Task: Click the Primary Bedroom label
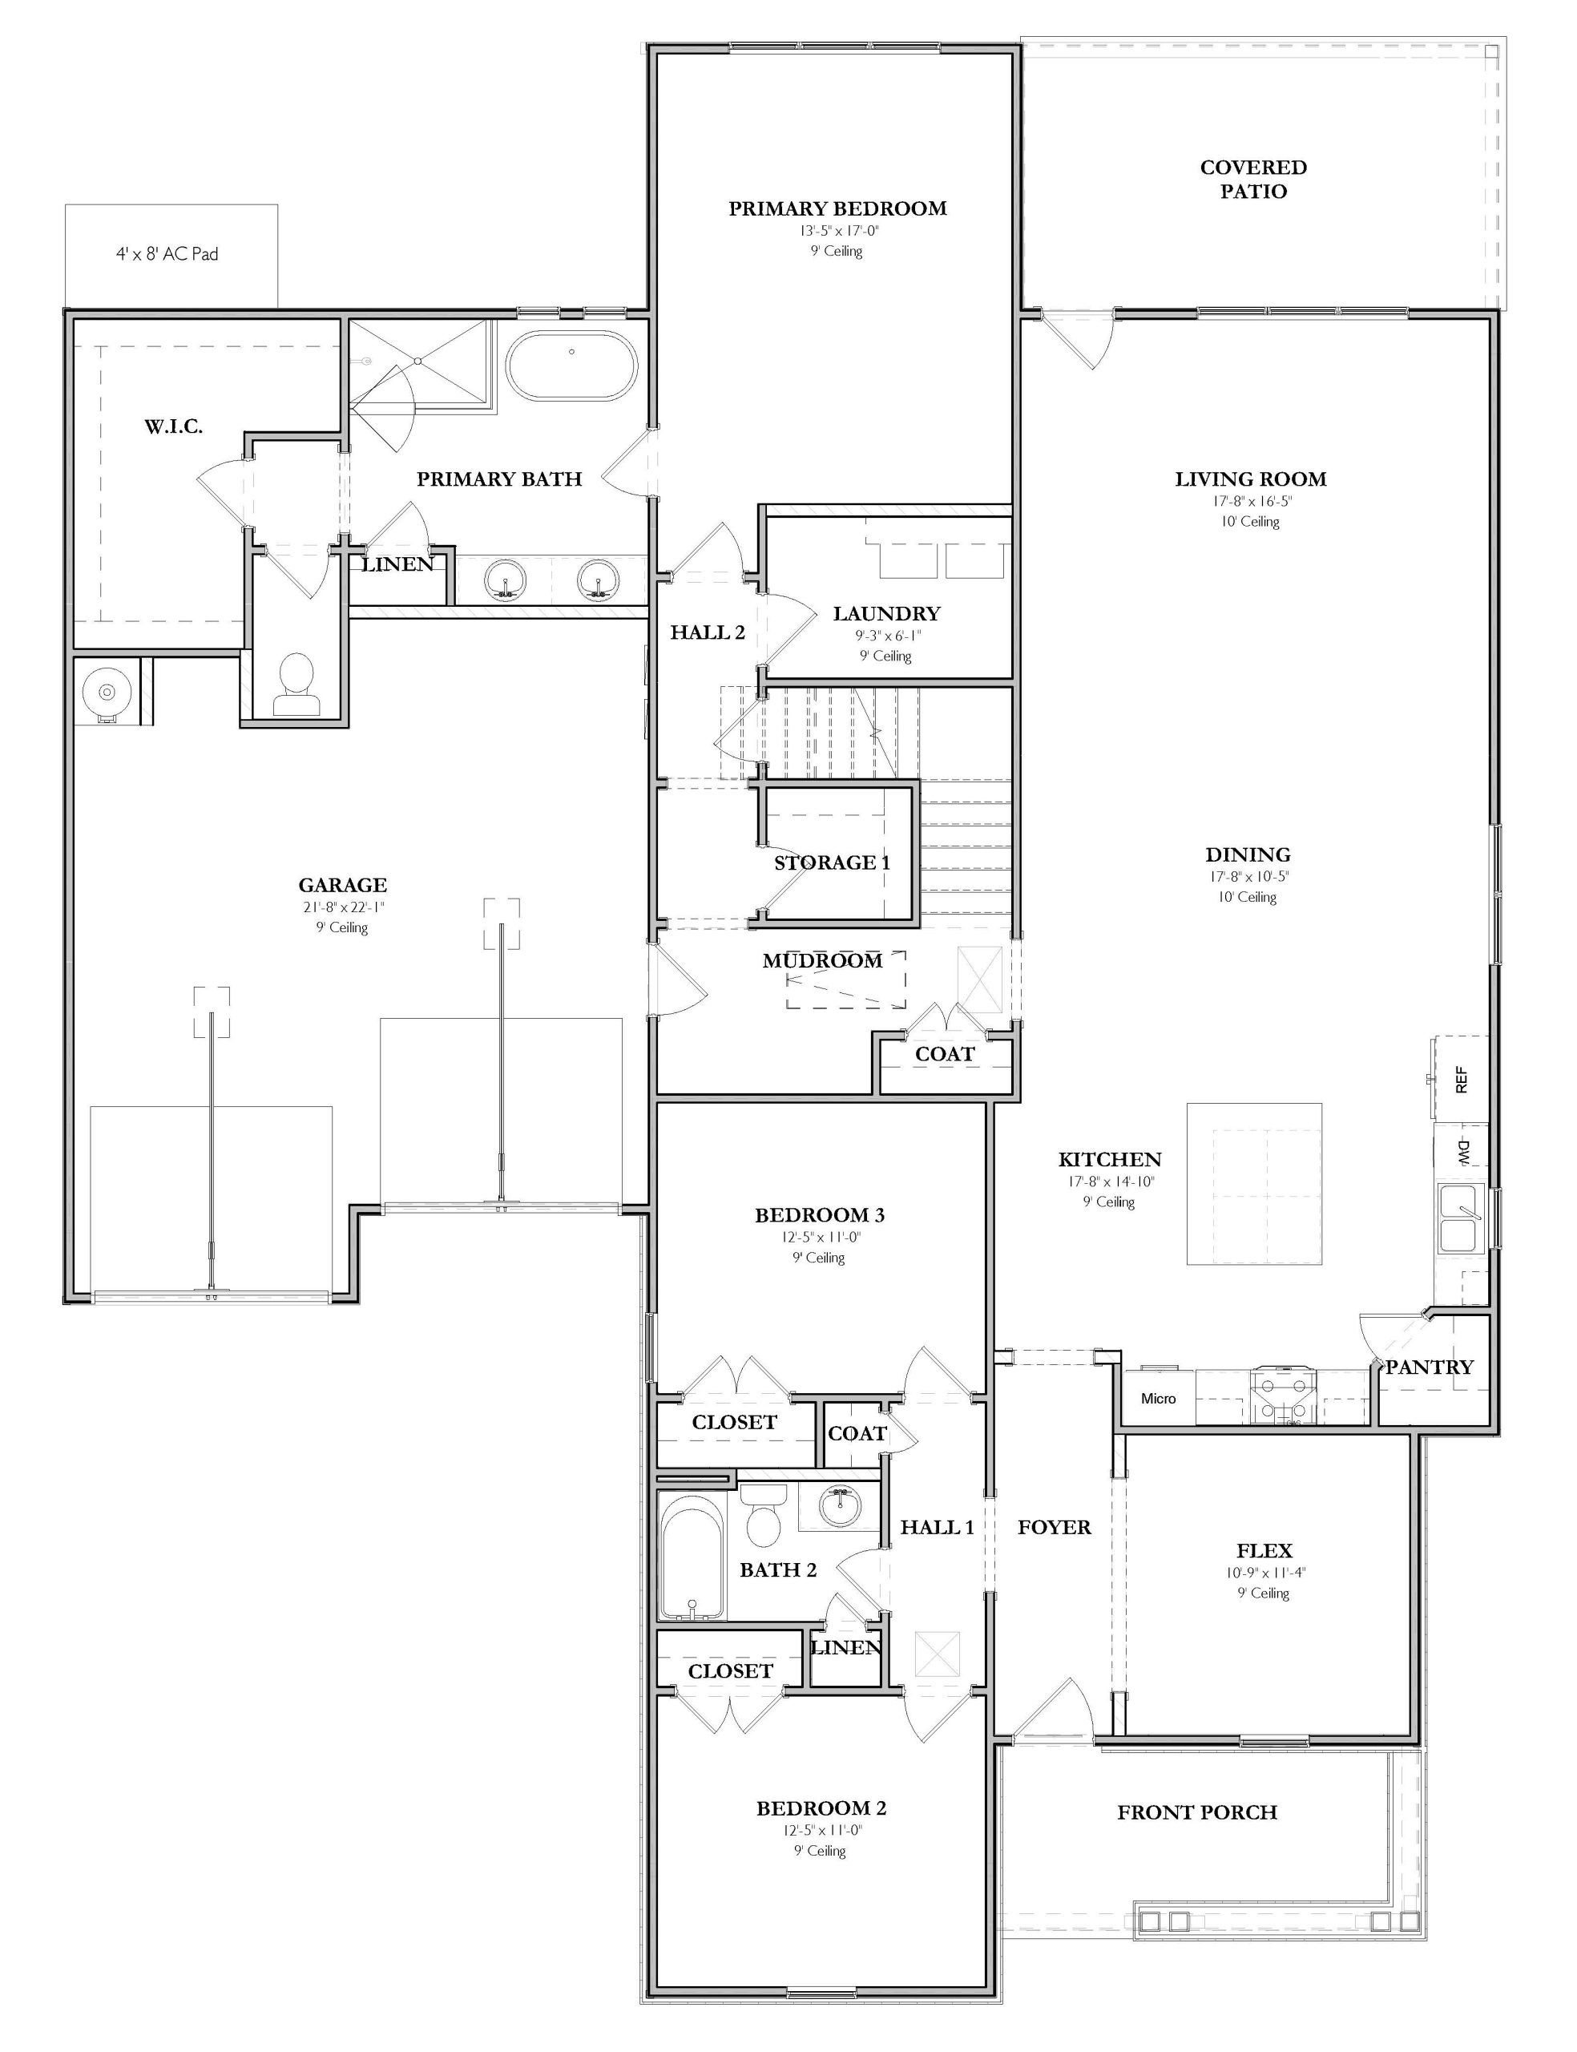837,208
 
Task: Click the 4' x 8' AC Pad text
167,253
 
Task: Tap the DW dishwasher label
1462,1152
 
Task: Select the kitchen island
1255,1184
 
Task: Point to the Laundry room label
886,614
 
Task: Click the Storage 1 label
832,862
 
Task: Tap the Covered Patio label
1253,180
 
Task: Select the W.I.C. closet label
174,427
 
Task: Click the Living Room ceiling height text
1249,521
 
